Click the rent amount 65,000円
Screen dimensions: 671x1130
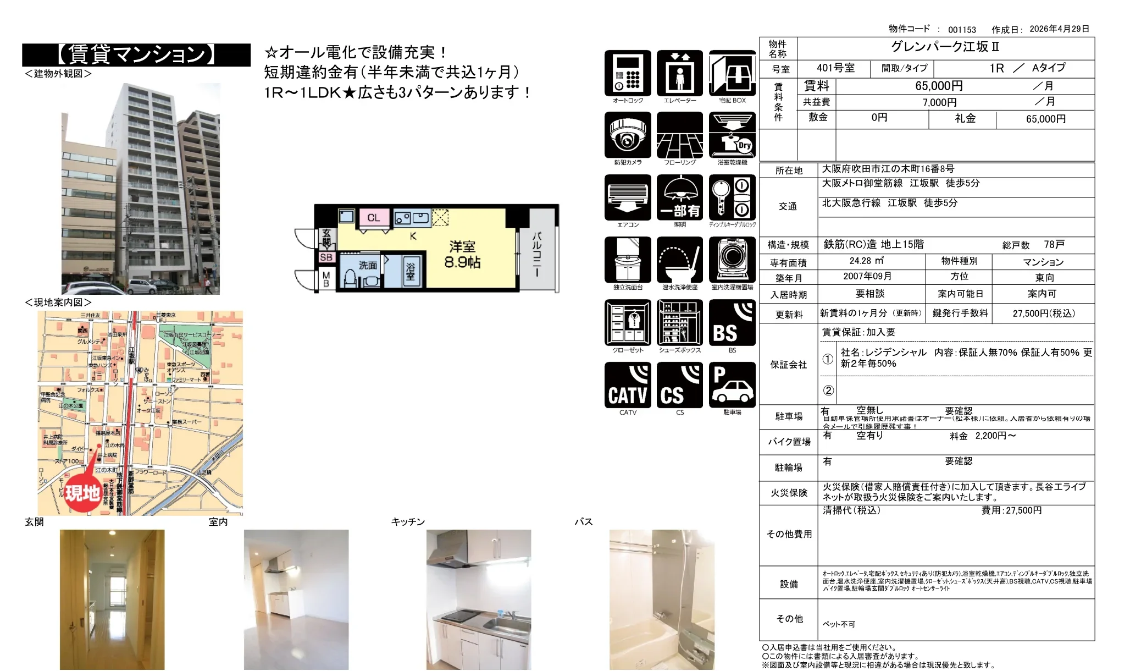[939, 86]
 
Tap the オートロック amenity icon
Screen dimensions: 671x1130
[628, 73]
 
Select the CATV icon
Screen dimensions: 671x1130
[628, 385]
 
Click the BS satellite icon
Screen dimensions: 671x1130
[732, 323]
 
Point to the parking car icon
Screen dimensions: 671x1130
[732, 385]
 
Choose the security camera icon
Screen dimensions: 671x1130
[628, 135]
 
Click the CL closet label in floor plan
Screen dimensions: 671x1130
[374, 218]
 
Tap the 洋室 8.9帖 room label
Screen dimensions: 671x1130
[462, 254]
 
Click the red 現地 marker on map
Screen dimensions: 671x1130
[82, 493]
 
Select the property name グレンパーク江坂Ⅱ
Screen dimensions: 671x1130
[945, 47]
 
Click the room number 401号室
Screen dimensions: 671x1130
[835, 68]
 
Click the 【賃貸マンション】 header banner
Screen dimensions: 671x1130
[136, 54]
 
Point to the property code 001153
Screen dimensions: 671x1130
[962, 30]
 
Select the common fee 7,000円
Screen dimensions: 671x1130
[939, 103]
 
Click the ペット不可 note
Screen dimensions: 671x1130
[839, 624]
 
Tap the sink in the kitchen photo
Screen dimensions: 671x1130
[497, 627]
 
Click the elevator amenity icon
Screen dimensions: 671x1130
[680, 73]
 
